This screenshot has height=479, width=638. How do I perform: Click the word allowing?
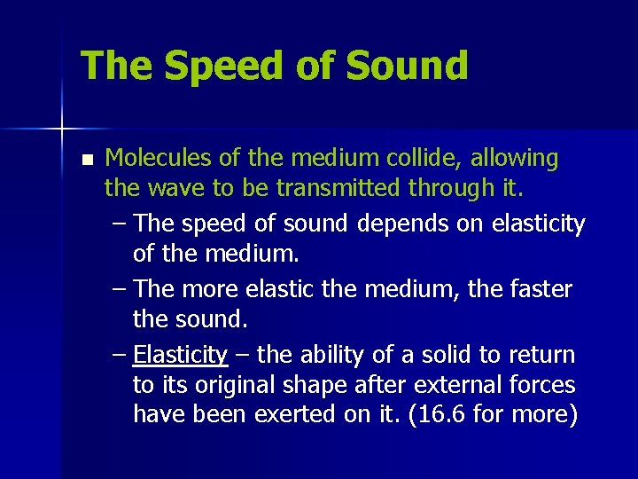click(x=516, y=159)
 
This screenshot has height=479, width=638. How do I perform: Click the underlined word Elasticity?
click(x=181, y=355)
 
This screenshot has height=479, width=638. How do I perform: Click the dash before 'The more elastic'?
click(x=121, y=289)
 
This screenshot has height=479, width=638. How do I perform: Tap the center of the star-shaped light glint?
click(x=61, y=130)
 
